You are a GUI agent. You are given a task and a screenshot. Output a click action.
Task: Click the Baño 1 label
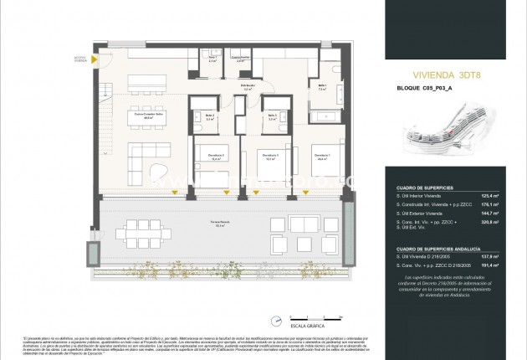(x=322, y=87)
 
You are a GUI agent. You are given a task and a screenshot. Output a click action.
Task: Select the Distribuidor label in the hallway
(x=248, y=87)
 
